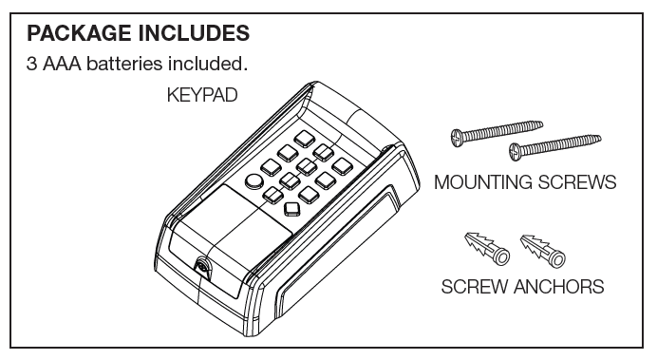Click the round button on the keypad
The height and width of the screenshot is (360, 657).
(x=254, y=182)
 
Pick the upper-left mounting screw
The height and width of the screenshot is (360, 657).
(x=495, y=130)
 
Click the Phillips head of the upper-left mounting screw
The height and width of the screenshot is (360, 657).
(x=457, y=137)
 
